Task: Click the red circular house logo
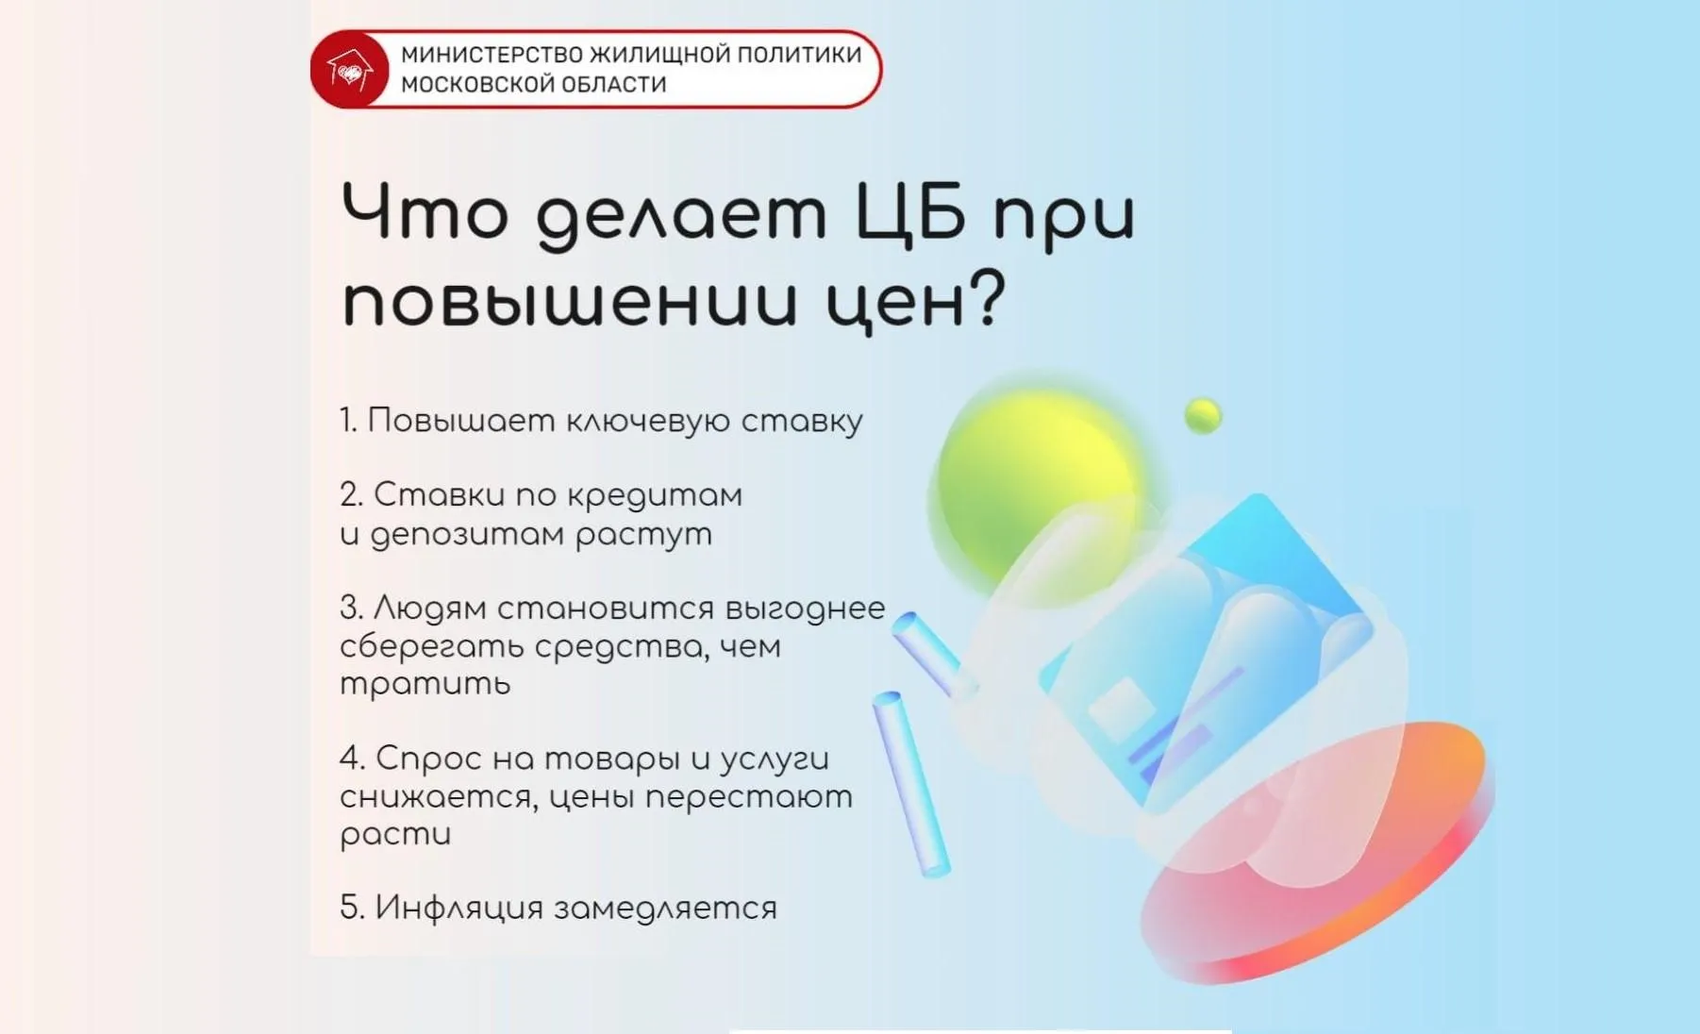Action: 350,70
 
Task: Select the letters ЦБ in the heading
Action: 911,212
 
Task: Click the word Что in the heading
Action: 425,212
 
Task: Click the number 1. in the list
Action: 348,421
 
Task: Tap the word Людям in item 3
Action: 429,609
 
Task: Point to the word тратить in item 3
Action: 425,683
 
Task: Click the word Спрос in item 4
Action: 429,759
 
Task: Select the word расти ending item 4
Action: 395,834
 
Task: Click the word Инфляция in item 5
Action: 458,908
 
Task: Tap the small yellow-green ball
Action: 1203,415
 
